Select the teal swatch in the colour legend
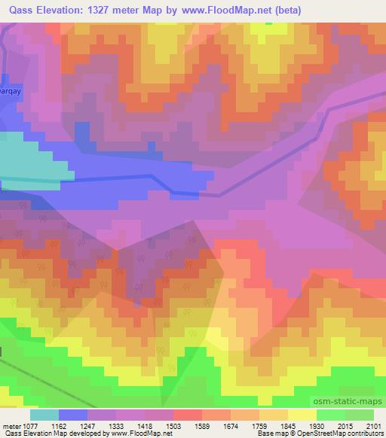[44, 415]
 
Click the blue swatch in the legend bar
[72, 415]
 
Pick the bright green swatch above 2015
[330, 415]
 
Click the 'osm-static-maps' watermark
[353, 402]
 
